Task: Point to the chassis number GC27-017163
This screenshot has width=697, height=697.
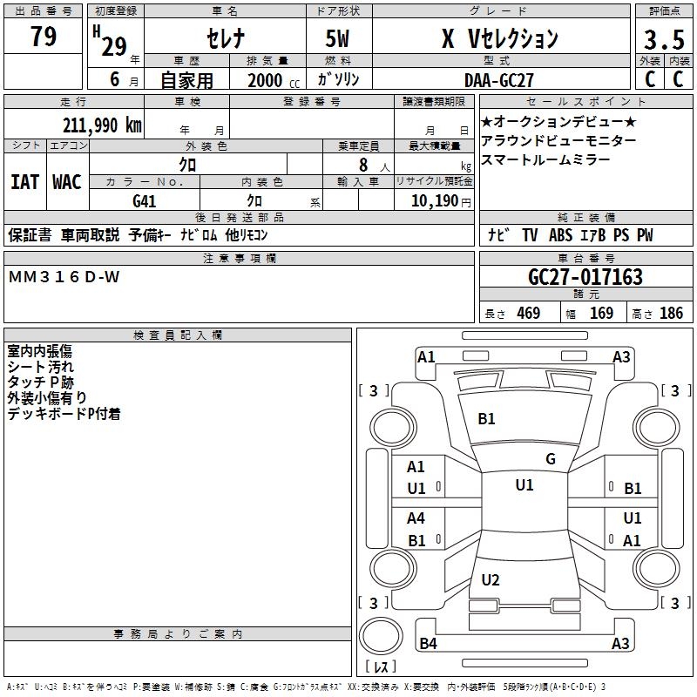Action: click(585, 277)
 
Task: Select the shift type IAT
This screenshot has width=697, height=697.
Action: click(24, 181)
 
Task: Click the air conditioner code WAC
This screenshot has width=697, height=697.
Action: click(67, 181)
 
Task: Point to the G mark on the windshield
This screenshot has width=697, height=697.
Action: click(550, 459)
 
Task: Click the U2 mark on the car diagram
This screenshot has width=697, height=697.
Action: click(491, 580)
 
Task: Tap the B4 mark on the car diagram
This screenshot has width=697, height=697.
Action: click(428, 644)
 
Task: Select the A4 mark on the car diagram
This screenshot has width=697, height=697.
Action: click(416, 518)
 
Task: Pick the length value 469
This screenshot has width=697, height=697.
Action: click(528, 314)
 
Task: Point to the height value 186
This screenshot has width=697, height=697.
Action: click(672, 314)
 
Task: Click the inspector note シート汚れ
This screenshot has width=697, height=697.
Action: click(41, 367)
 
